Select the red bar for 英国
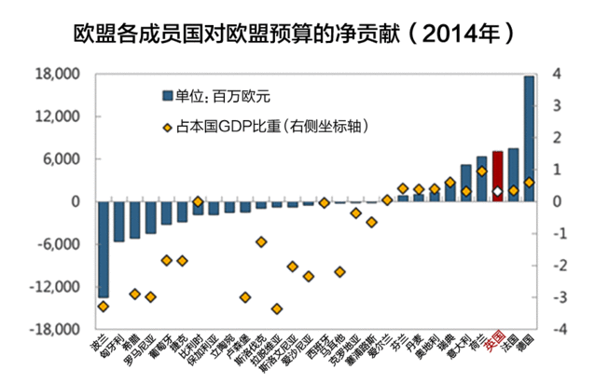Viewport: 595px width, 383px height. click(x=497, y=176)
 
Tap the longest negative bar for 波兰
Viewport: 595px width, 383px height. click(x=103, y=249)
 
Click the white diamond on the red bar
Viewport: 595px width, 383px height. click(x=497, y=192)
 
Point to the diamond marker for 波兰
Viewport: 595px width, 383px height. click(x=103, y=306)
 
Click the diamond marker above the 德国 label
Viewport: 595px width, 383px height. click(x=529, y=183)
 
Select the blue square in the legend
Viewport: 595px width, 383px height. click(x=167, y=95)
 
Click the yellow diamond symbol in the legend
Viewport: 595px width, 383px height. click(x=167, y=127)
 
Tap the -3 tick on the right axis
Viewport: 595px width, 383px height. click(x=558, y=297)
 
